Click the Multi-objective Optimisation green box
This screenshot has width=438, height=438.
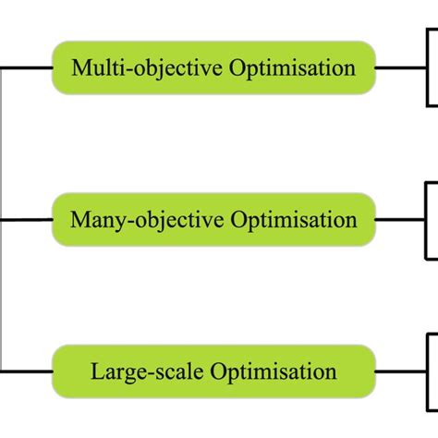point(213,67)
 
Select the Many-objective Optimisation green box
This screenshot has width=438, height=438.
point(213,220)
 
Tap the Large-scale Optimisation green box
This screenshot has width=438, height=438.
point(213,372)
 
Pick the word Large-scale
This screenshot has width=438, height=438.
point(148,372)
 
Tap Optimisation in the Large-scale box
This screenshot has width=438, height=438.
point(274,372)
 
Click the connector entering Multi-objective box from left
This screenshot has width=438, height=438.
point(28,67)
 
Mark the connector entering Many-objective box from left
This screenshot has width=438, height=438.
point(28,220)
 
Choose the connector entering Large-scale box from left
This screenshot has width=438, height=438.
point(28,372)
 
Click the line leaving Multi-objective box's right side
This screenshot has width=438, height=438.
point(401,67)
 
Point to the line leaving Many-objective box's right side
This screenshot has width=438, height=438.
point(401,220)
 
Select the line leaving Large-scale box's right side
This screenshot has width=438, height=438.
point(401,372)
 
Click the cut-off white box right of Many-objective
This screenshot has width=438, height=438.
point(432,220)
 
